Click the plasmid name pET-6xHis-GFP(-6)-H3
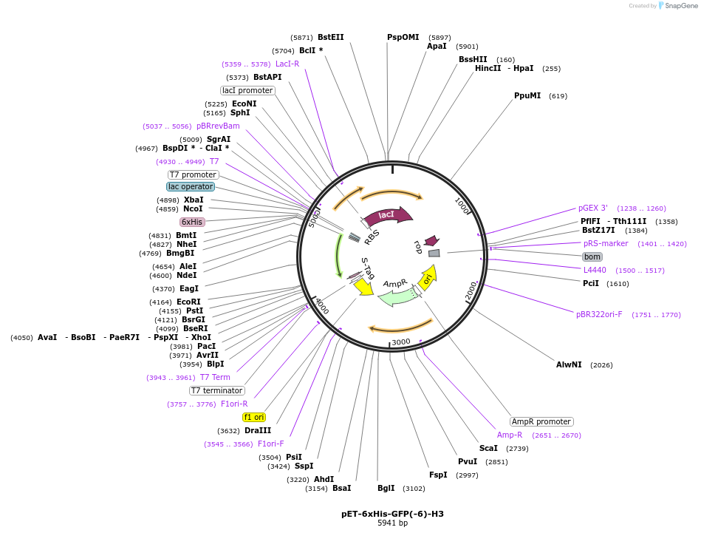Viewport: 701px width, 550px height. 392,513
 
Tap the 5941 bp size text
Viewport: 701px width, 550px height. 392,523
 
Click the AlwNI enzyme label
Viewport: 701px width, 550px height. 569,364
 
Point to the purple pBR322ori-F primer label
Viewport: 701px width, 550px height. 599,314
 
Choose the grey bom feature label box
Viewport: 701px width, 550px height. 592,257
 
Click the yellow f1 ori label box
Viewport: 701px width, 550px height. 253,417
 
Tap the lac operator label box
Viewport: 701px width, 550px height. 191,186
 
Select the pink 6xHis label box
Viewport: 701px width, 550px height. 192,222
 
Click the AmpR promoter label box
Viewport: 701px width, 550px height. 541,421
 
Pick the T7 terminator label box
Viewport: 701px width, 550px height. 216,390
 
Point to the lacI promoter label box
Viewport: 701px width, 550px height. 247,90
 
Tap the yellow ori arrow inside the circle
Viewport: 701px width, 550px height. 428,278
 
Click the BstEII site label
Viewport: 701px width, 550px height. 331,37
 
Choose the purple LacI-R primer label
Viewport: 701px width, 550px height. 287,64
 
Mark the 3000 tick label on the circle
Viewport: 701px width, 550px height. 400,342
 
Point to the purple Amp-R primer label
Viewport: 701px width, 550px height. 510,435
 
